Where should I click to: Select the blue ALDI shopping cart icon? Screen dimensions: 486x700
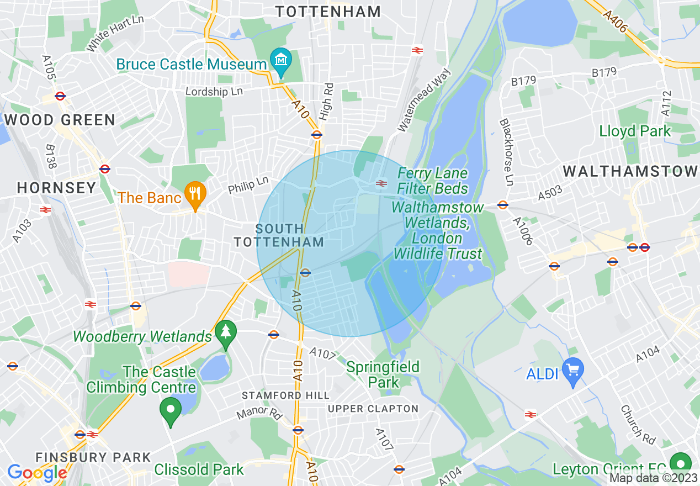[x=572, y=368]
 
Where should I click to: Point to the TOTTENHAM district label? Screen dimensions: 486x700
[x=328, y=12]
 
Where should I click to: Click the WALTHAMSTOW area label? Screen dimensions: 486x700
[x=630, y=171]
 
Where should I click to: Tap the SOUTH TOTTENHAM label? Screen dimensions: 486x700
[x=279, y=235]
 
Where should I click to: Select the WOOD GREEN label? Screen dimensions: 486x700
[x=60, y=120]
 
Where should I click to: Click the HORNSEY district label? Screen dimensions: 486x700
[x=57, y=188]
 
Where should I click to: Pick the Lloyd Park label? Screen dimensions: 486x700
[x=635, y=131]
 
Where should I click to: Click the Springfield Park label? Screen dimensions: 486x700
[x=383, y=374]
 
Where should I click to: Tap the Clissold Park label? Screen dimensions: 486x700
[x=199, y=470]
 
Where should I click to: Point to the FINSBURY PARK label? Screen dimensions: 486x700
[x=93, y=457]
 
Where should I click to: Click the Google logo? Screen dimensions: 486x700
[x=36, y=473]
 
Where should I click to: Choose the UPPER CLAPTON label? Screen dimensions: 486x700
[x=373, y=409]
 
